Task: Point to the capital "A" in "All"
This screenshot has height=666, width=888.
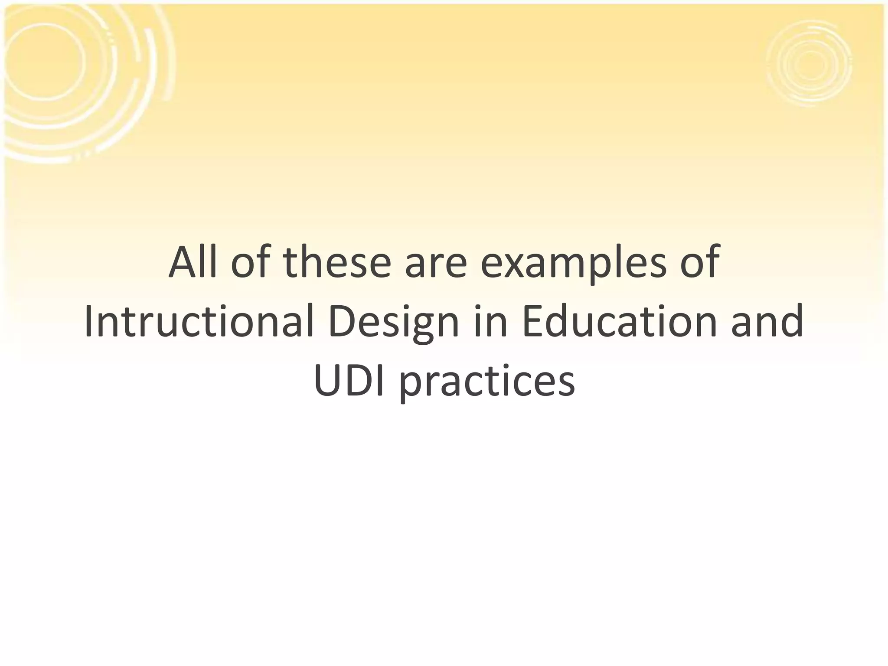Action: point(181,262)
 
